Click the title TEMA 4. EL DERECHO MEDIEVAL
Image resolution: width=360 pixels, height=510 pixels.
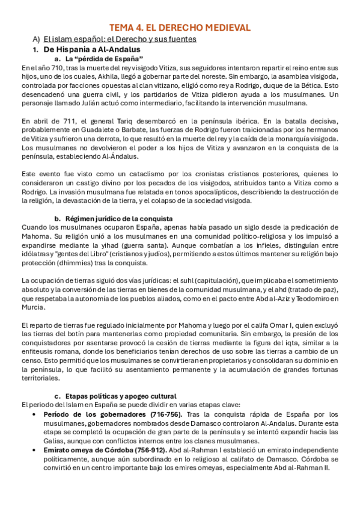(x=180, y=28)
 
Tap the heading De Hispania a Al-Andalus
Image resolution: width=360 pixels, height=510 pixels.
(x=91, y=49)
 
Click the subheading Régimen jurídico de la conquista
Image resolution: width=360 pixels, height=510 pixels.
(x=119, y=218)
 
